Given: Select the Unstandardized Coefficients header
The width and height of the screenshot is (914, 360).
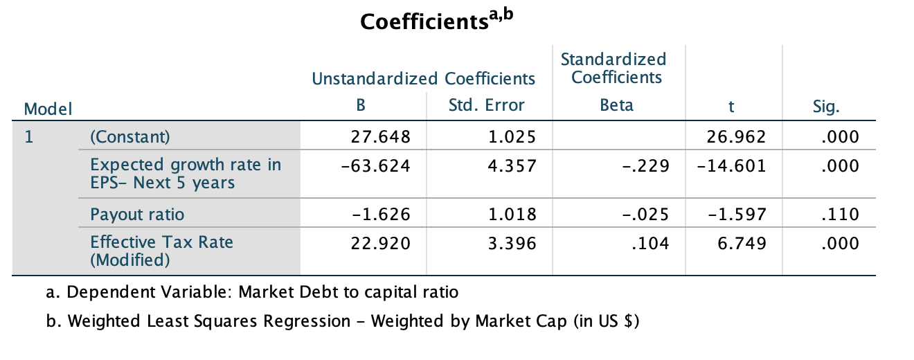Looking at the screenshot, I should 424,78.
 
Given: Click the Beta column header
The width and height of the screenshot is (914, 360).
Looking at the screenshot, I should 616,106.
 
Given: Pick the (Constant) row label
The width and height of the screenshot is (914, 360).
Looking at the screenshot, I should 129,137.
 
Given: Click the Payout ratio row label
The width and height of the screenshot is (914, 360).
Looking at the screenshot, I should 137,215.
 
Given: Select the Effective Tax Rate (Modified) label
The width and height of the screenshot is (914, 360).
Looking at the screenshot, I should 161,251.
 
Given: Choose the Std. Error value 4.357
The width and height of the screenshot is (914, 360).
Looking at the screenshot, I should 512,166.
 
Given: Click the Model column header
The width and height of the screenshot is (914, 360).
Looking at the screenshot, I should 48,109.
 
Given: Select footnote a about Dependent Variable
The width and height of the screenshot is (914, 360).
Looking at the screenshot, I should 252,292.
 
